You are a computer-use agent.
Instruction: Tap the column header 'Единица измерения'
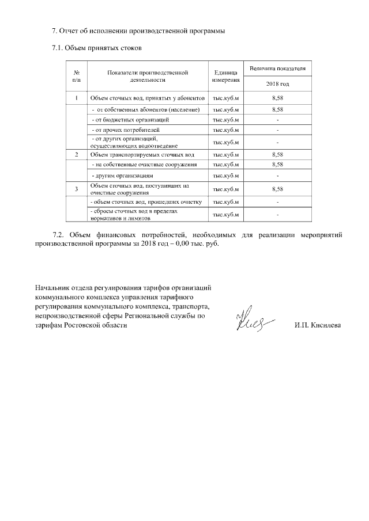click(225, 76)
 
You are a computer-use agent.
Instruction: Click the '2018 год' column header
click(277, 84)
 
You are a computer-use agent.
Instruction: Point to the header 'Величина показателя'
click(277, 69)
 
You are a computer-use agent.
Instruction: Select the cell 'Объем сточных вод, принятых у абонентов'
click(148, 98)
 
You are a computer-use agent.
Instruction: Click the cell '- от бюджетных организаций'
click(130, 120)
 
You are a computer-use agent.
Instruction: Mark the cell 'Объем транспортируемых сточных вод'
click(142, 155)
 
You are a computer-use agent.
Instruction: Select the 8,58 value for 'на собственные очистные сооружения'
click(277, 165)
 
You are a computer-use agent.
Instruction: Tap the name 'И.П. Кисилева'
click(317, 325)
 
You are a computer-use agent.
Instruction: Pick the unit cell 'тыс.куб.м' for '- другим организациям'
click(225, 175)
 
